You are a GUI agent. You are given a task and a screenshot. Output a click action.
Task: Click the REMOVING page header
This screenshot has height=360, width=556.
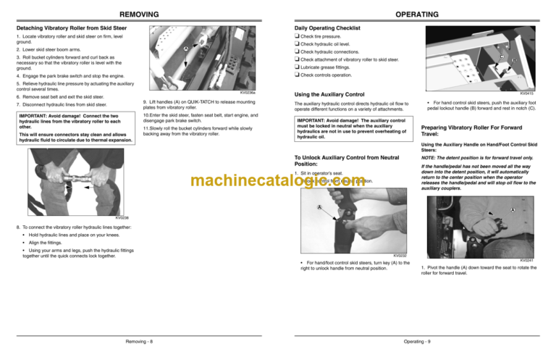coord(138,14)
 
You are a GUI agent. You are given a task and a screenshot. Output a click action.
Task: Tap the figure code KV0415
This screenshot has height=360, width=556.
coord(540,93)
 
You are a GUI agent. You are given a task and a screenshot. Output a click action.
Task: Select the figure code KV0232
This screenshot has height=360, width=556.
coord(399,255)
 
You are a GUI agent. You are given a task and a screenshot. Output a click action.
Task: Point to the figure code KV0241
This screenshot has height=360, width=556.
coord(540,261)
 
